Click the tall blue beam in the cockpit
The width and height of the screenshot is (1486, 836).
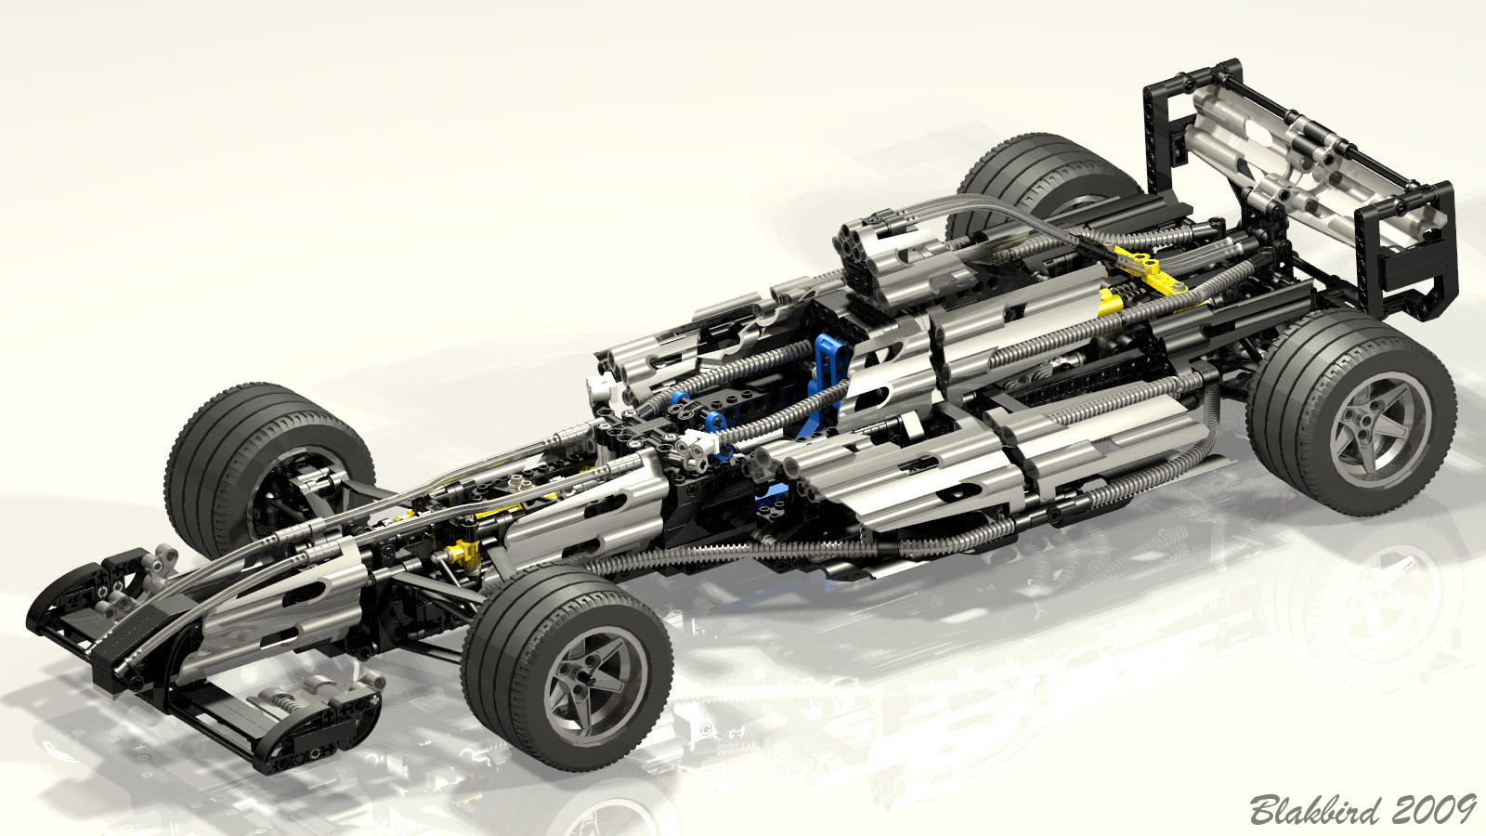point(826,384)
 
